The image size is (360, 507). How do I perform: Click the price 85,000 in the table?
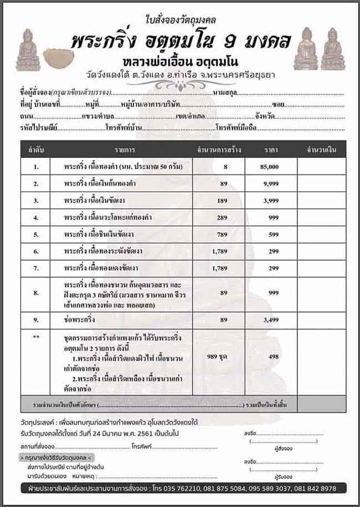click(270, 167)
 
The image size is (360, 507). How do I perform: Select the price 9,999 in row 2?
click(270, 183)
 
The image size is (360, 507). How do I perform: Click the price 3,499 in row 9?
click(270, 320)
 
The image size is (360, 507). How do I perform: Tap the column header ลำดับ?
click(37, 150)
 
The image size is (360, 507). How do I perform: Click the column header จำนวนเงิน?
click(322, 150)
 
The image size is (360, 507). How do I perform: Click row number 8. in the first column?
click(37, 293)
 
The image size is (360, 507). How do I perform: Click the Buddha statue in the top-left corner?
click(29, 50)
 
